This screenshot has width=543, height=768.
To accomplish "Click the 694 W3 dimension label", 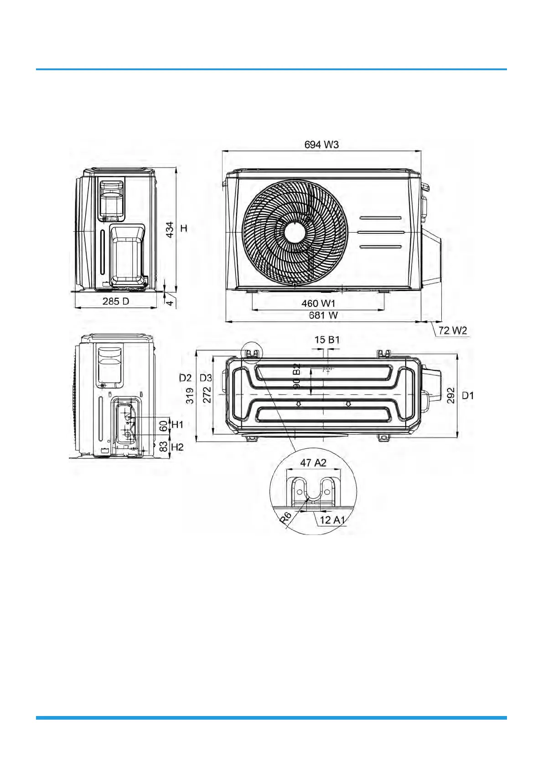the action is point(321,145).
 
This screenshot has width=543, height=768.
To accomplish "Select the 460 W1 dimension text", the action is point(319,303).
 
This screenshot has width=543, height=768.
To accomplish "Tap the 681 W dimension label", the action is point(323,316).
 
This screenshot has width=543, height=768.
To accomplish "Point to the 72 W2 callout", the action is point(453,331).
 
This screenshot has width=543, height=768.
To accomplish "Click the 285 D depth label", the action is point(116,301).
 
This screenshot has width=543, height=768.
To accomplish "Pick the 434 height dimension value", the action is point(170,230).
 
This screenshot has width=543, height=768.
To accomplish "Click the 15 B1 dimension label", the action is point(327,340).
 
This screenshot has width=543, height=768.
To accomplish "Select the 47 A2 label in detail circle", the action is point(313,463).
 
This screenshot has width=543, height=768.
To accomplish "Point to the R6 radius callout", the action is point(285,517).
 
